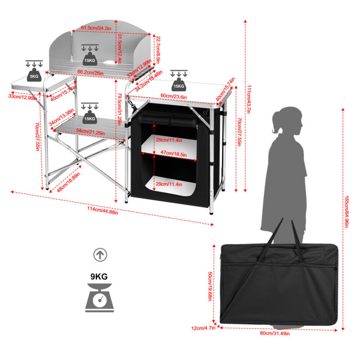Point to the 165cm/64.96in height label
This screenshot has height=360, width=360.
[x=346, y=211]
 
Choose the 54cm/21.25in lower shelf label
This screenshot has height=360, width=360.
[x=91, y=132]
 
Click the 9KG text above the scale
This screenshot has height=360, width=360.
[x=99, y=277]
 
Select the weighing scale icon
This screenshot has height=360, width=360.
[x=99, y=298]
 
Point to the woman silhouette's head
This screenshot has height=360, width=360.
[x=288, y=121]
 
